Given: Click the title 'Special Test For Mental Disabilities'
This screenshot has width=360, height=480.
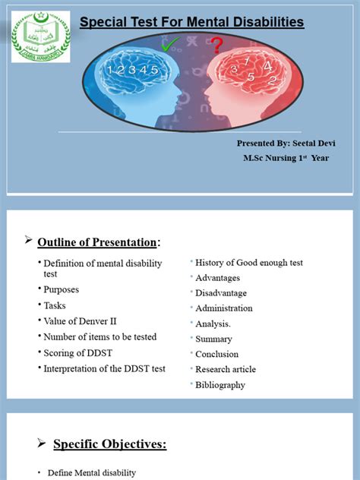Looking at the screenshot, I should click(191, 23).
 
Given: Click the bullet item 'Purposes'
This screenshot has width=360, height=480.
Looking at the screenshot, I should click(61, 289).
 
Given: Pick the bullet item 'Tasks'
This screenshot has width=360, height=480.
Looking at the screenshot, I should click(55, 305).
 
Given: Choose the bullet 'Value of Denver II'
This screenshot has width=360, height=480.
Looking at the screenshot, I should click(80, 321).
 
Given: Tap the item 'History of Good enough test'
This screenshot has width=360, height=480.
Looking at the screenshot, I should click(249, 263).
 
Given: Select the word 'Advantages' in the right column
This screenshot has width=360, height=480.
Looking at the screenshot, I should click(217, 278).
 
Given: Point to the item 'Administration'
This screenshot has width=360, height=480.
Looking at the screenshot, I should click(223, 308).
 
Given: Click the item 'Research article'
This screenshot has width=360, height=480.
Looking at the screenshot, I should click(226, 369).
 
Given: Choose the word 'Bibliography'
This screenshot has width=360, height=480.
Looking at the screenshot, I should click(220, 385).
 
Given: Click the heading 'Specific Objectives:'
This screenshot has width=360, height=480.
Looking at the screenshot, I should click(109, 444).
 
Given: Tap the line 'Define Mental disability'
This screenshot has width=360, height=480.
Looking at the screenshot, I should click(91, 472).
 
